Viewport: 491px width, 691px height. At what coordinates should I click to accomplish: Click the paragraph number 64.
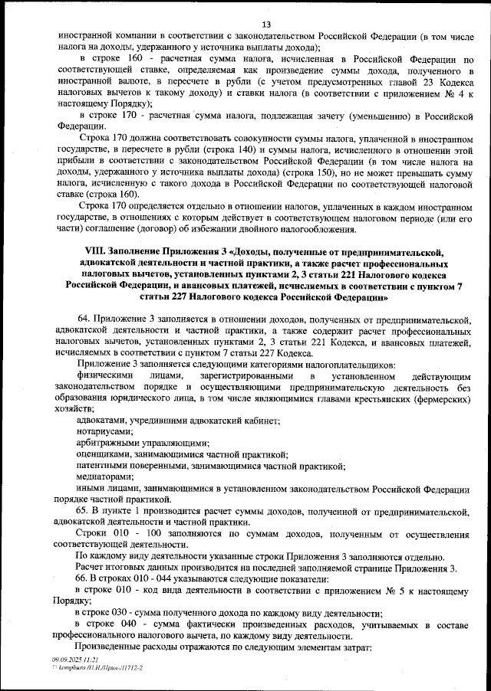pos(84,317)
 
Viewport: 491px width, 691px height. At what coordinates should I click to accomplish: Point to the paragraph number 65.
pos(84,510)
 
